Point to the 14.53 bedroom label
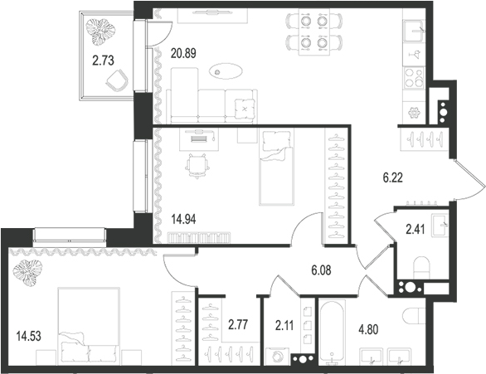coord(27,336)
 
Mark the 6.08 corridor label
coord(323,270)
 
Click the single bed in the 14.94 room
coord(276,166)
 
